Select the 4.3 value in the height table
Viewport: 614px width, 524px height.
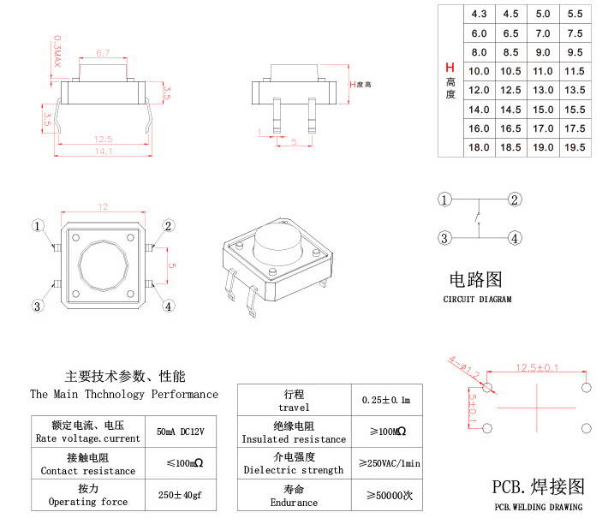[x=479, y=15]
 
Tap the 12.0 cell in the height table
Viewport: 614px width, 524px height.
[x=479, y=90]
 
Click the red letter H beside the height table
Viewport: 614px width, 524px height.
[x=450, y=68]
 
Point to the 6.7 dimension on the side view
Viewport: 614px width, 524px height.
[x=103, y=53]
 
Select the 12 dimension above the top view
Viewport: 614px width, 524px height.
[x=103, y=207]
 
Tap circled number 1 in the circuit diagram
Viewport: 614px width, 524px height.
[x=444, y=200]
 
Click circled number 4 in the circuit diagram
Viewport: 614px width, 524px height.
[x=515, y=238]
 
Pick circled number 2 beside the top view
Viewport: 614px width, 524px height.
[x=169, y=226]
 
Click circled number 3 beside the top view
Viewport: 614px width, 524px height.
[x=38, y=306]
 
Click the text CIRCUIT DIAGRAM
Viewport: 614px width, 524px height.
[x=477, y=300]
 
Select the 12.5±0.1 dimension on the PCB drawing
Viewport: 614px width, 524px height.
[x=537, y=368]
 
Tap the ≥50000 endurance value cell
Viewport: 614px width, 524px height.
[x=390, y=495]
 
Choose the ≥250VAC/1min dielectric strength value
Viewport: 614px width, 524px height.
[x=390, y=463]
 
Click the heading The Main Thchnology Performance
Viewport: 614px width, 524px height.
[x=124, y=395]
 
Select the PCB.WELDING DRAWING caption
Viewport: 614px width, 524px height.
[x=539, y=507]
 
